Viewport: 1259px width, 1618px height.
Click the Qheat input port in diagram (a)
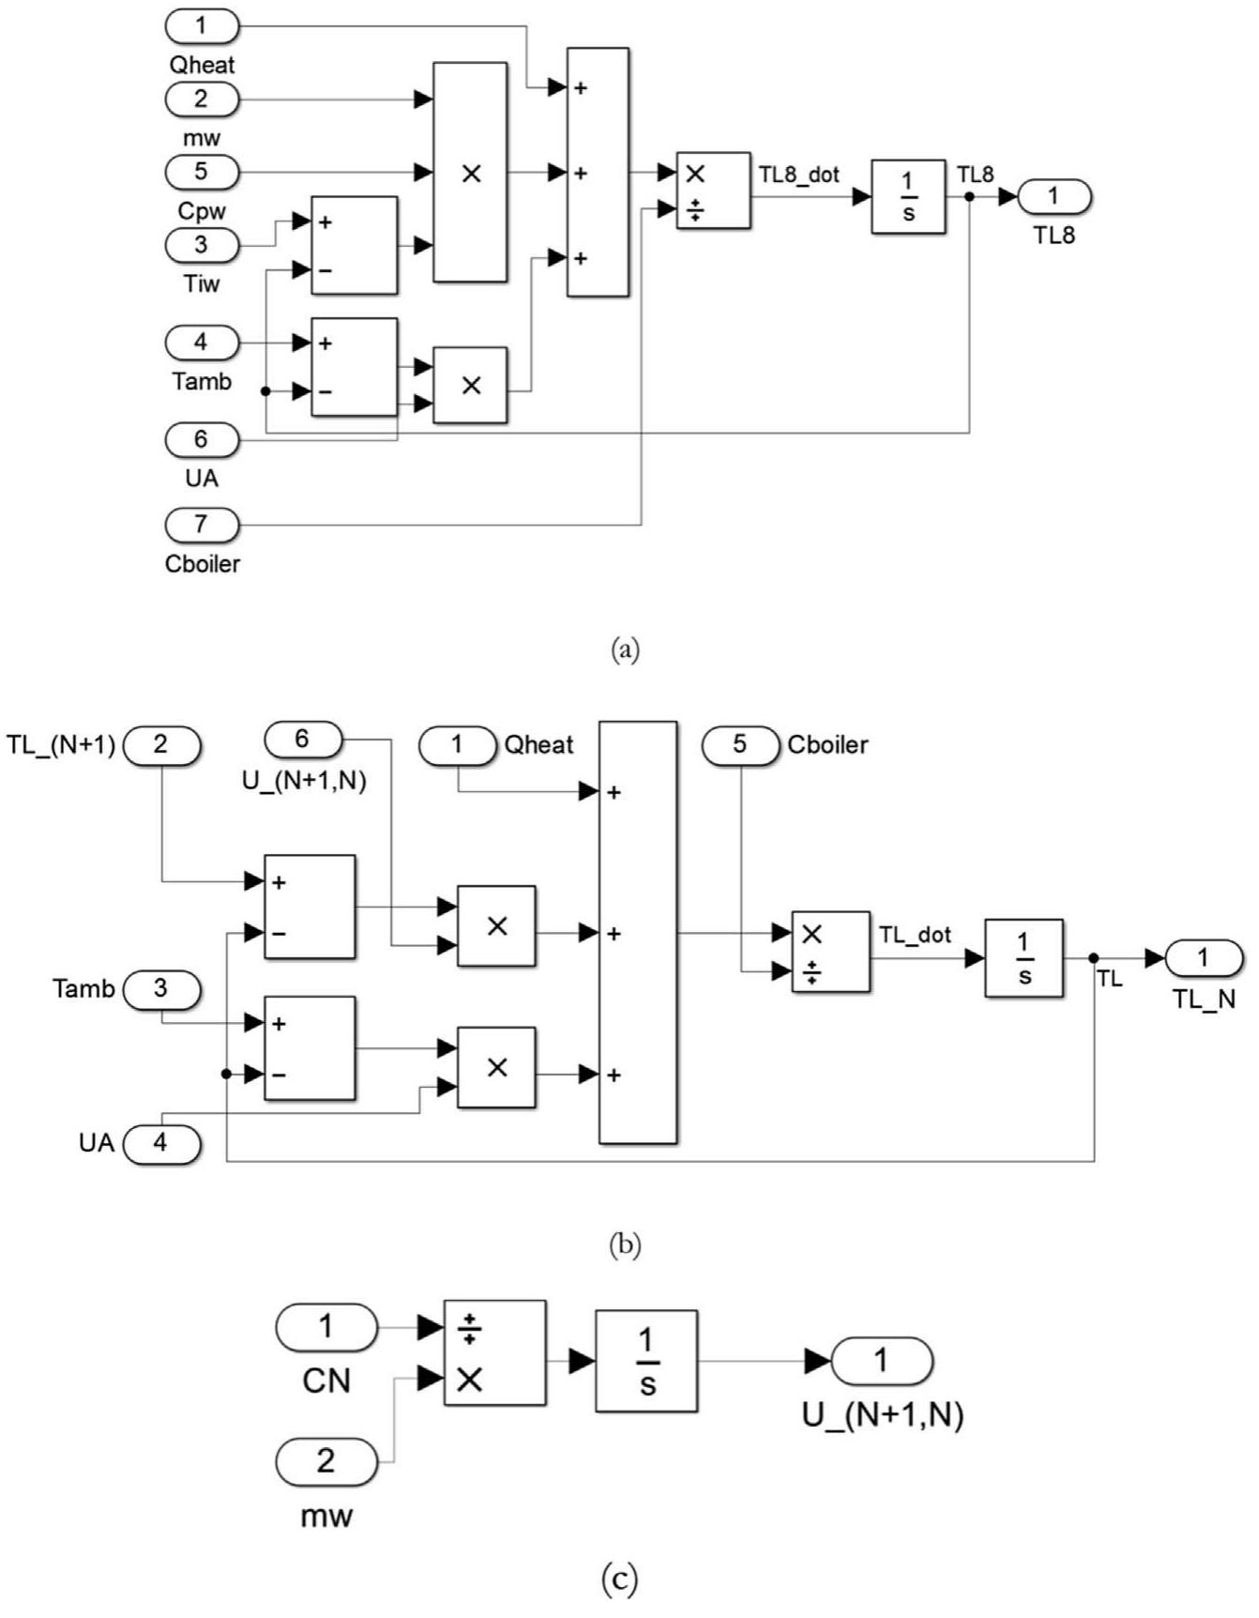[x=202, y=25]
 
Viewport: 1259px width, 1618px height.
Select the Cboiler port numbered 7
[x=202, y=524]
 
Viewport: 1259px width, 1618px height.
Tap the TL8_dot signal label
[x=798, y=175]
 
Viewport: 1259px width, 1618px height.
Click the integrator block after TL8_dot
[x=907, y=197]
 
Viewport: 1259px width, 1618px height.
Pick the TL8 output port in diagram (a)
[x=1054, y=196]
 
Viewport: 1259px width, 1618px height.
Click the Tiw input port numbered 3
[x=202, y=245]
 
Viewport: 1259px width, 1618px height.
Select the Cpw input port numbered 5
[x=202, y=172]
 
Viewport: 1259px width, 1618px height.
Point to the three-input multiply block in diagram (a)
[x=470, y=173]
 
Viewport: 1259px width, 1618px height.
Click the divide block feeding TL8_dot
[x=713, y=191]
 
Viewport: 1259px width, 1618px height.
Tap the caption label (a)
[x=625, y=649]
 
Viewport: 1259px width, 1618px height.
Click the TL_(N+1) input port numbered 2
[x=160, y=745]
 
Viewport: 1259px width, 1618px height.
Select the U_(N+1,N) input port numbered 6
[x=302, y=740]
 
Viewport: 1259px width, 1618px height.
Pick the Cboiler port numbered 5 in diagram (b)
[x=740, y=745]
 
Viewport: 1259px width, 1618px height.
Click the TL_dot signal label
[x=915, y=935]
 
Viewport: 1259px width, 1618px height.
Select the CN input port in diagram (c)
[x=326, y=1327]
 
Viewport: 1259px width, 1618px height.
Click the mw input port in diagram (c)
[x=326, y=1461]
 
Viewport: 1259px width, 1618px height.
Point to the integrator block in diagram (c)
[x=646, y=1361]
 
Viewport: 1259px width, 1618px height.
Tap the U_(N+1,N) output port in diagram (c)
[x=881, y=1360]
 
